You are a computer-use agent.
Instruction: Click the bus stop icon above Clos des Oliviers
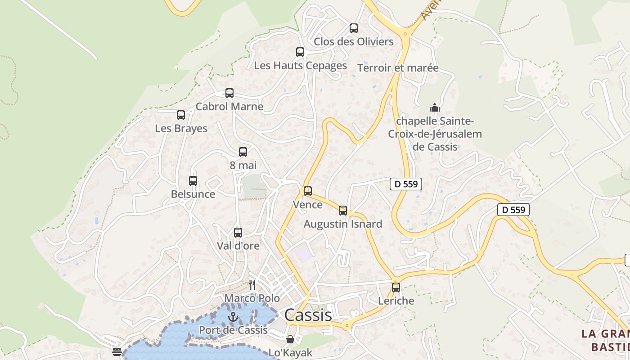(x=354, y=28)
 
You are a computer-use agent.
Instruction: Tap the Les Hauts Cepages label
(x=300, y=66)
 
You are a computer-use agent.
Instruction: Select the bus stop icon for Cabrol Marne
(x=229, y=93)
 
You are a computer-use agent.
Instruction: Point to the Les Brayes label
(x=181, y=129)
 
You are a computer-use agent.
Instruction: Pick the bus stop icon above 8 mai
(x=243, y=152)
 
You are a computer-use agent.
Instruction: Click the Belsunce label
(x=193, y=194)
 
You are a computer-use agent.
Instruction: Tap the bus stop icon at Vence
(x=308, y=191)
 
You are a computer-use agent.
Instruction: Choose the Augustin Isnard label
(x=343, y=224)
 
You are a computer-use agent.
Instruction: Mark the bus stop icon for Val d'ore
(x=238, y=233)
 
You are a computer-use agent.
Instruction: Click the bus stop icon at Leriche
(x=396, y=287)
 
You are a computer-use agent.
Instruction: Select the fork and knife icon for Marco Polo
(x=252, y=284)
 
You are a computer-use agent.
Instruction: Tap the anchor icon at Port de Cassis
(x=233, y=317)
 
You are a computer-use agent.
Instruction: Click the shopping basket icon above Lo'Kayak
(x=290, y=339)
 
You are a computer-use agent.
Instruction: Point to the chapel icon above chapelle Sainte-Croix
(x=435, y=108)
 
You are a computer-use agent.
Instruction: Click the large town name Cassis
(x=308, y=315)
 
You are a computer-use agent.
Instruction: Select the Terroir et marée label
(x=398, y=68)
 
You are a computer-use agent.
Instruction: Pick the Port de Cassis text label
(x=233, y=330)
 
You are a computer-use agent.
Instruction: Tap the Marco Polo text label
(x=252, y=298)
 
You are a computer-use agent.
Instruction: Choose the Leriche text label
(x=396, y=301)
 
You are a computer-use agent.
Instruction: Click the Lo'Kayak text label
(x=290, y=353)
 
